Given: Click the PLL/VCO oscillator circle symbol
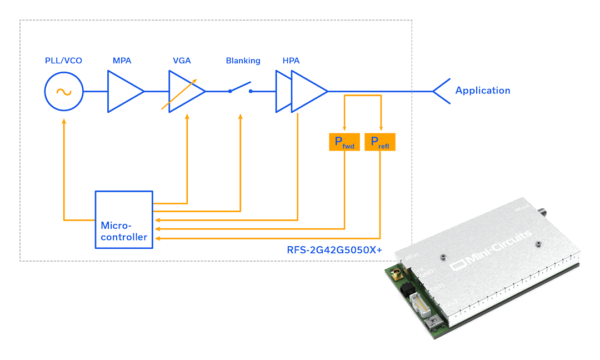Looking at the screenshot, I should click(x=64, y=92).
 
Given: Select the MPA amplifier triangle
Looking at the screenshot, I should click(x=124, y=92).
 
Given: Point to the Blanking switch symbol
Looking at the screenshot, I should click(x=240, y=89).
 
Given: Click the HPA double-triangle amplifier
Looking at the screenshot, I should click(x=303, y=91).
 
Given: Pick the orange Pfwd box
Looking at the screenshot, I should click(x=344, y=143).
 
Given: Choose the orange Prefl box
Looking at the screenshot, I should click(x=380, y=143).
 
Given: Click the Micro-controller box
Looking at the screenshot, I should click(x=124, y=219).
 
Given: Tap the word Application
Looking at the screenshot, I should click(x=482, y=91).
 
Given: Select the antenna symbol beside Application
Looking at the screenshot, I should click(x=442, y=91).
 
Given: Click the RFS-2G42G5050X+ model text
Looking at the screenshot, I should click(x=334, y=250).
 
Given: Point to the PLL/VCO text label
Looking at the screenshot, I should click(x=63, y=61).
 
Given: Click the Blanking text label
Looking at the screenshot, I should click(x=243, y=61).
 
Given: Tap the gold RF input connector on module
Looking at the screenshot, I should click(x=398, y=273).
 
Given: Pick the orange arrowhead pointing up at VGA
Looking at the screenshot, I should click(x=187, y=118).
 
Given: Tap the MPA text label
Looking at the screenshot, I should click(x=122, y=61).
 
